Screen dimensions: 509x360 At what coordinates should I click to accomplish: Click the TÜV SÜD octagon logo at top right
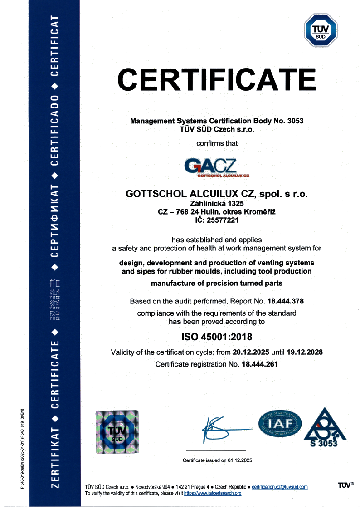(321, 30)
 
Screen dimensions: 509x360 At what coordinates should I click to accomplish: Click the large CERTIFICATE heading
(217, 79)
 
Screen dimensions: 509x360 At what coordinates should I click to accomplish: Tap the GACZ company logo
(217, 167)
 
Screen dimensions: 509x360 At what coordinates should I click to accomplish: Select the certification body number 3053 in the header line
(295, 121)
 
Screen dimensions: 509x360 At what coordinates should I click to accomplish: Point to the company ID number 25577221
(222, 220)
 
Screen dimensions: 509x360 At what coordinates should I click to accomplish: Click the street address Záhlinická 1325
(217, 204)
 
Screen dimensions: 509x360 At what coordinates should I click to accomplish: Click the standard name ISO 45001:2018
(217, 337)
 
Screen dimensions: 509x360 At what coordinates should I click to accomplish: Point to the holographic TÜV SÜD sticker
(117, 432)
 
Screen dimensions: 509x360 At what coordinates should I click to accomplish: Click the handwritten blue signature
(222, 428)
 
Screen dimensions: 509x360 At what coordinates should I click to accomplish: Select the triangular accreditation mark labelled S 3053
(324, 428)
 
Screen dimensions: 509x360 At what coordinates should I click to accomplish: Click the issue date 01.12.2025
(237, 460)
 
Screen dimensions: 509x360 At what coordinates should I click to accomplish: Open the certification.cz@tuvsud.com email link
(279, 487)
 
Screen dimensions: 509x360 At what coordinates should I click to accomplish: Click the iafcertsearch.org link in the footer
(213, 493)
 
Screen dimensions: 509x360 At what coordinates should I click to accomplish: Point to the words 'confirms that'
(217, 143)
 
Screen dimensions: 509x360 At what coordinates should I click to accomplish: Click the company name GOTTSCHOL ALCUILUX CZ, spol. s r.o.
(217, 194)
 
